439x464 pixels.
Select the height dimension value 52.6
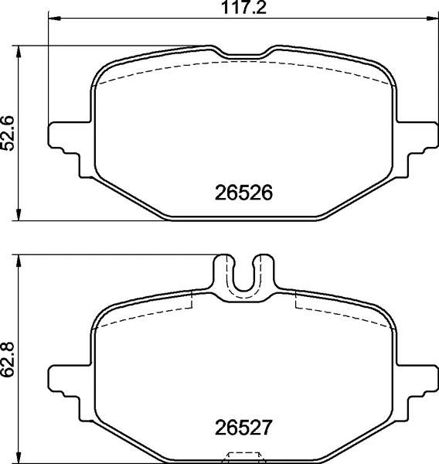[x=9, y=133]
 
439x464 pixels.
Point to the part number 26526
[x=243, y=193]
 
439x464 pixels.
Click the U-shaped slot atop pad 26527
[x=243, y=277]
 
